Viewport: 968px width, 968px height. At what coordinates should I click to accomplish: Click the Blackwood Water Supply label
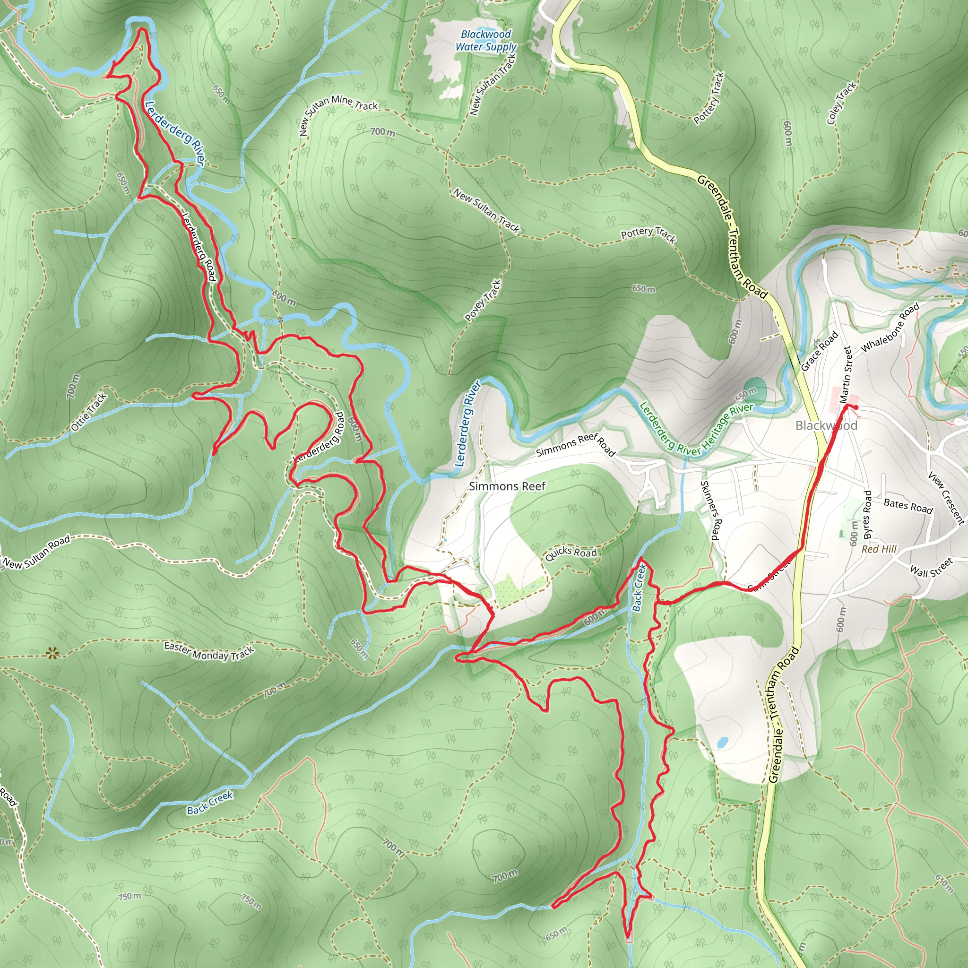[485, 41]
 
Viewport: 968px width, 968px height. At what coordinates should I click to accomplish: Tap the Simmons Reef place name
[507, 486]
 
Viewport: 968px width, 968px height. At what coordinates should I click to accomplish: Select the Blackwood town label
[826, 425]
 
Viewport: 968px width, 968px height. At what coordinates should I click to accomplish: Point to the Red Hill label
[879, 549]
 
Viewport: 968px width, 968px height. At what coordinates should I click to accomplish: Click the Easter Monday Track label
[209, 651]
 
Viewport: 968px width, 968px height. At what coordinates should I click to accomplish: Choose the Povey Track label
[483, 301]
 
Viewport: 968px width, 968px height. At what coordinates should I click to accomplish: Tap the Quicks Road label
[570, 553]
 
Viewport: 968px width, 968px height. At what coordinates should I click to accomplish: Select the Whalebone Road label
[890, 327]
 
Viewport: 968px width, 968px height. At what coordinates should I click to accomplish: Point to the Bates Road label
[908, 506]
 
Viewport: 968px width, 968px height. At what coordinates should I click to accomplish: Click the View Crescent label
[946, 498]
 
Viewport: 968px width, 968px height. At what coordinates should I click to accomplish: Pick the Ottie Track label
[89, 412]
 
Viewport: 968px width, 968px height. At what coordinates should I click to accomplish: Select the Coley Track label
[842, 103]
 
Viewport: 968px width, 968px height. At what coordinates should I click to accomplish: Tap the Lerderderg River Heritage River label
[696, 429]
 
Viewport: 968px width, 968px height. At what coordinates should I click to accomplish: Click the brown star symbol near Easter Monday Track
[52, 653]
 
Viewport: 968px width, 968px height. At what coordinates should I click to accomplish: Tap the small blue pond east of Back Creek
[723, 742]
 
